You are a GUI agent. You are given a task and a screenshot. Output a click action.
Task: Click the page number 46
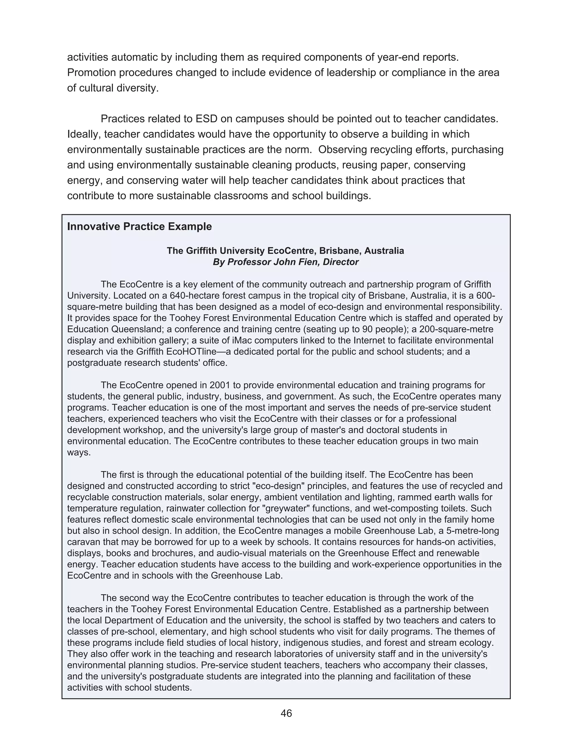(286, 713)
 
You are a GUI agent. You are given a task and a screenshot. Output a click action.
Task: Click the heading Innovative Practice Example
(139, 226)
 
